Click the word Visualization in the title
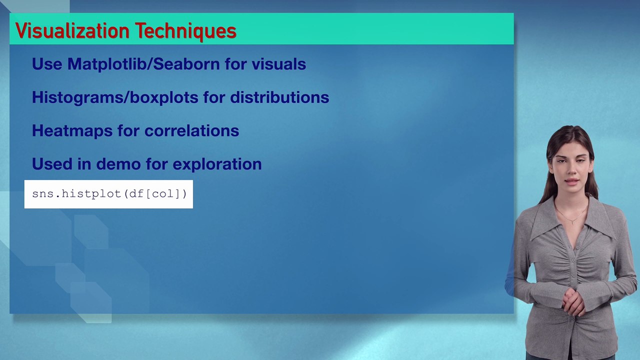tap(73, 31)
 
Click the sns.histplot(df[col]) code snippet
tap(109, 194)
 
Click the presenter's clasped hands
tap(573, 301)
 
